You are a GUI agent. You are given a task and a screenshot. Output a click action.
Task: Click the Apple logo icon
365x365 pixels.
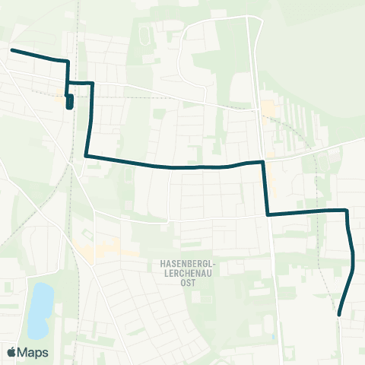11,352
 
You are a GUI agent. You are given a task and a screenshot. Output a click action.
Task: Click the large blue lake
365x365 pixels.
40,309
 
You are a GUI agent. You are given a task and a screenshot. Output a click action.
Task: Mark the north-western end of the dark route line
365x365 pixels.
11,50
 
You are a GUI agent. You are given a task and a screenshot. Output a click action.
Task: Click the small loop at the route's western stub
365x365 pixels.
70,102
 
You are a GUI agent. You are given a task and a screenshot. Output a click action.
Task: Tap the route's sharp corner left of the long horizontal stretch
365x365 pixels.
86,156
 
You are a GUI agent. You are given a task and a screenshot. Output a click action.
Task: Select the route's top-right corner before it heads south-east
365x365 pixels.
347,210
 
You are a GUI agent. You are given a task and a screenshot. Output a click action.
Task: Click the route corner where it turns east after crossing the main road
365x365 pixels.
268,214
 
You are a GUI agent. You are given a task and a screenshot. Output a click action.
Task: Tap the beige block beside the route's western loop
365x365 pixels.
60,95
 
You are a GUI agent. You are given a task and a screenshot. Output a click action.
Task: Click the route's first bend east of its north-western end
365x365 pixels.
68,61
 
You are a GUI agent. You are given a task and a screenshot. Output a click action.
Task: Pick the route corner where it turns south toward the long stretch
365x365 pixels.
92,83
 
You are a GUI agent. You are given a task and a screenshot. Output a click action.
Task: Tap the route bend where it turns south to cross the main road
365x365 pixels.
263,161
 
